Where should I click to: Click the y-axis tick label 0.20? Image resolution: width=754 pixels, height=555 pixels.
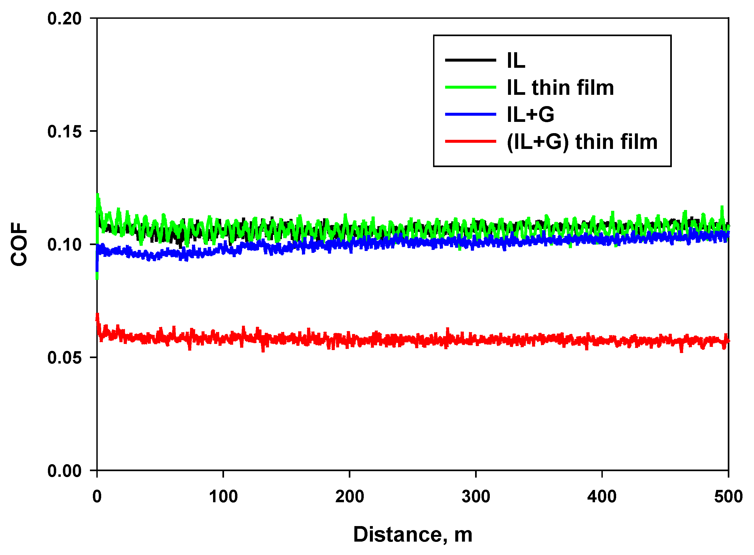tap(64, 19)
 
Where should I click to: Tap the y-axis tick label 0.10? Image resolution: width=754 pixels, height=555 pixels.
tap(64, 245)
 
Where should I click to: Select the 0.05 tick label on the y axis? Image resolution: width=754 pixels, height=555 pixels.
tap(64, 358)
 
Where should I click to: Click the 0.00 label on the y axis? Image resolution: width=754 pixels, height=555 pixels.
tap(64, 471)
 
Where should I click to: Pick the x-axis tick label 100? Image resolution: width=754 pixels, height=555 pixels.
tap(223, 497)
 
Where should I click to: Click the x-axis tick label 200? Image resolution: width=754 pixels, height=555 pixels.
tap(350, 497)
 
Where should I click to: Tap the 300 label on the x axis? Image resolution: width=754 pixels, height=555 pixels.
tap(476, 497)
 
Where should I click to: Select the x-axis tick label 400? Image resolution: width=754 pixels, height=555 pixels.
tap(602, 497)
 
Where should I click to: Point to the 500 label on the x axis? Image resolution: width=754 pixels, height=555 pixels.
tap(728, 497)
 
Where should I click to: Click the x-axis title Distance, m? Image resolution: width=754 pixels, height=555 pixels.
tap(412, 534)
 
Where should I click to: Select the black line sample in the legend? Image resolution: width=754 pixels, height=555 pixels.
tap(470, 60)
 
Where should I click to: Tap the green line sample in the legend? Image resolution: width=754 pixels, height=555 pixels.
tap(470, 87)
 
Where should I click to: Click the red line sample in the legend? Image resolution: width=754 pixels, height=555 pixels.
tap(470, 141)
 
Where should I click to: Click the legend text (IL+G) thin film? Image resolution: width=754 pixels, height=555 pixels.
tap(582, 142)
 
